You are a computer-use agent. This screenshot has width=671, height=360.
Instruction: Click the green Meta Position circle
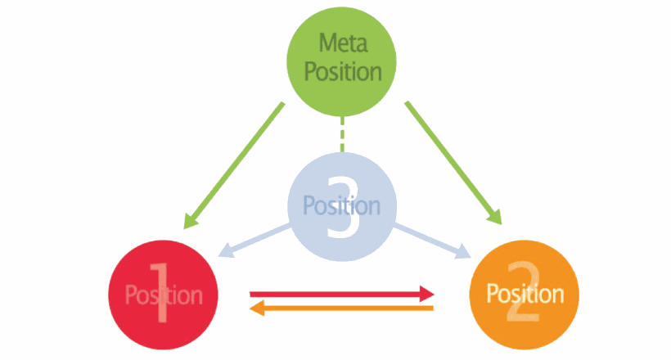click(341, 61)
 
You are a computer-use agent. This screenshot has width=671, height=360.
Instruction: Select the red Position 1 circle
click(163, 295)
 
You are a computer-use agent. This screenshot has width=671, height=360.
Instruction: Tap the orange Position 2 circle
click(525, 295)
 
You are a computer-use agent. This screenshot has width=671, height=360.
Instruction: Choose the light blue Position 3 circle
click(342, 207)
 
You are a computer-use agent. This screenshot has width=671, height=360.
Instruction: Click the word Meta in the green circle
click(343, 43)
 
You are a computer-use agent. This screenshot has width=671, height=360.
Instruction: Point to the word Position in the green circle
click(343, 71)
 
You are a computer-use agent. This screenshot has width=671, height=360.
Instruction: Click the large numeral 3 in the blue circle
click(343, 207)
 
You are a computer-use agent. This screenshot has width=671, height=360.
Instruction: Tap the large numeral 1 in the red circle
click(160, 292)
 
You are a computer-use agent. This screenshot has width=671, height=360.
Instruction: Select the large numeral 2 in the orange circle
click(524, 291)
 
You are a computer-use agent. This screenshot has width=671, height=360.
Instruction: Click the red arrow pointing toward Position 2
click(342, 294)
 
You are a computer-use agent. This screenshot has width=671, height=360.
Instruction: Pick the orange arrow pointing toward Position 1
click(341, 308)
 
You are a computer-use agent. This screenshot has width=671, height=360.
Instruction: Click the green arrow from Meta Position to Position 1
click(234, 165)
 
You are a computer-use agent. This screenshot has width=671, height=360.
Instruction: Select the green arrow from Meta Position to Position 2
click(453, 163)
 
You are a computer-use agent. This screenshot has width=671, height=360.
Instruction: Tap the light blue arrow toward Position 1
click(254, 241)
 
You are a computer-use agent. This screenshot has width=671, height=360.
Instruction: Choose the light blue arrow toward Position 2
click(432, 241)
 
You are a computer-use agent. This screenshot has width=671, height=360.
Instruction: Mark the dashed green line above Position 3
click(342, 134)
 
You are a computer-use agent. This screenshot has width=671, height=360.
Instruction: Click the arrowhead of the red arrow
click(426, 294)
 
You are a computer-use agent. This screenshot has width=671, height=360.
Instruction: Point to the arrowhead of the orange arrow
click(257, 308)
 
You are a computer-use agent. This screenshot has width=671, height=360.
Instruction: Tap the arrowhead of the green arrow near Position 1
click(190, 221)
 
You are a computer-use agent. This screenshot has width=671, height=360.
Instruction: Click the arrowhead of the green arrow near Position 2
click(496, 217)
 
